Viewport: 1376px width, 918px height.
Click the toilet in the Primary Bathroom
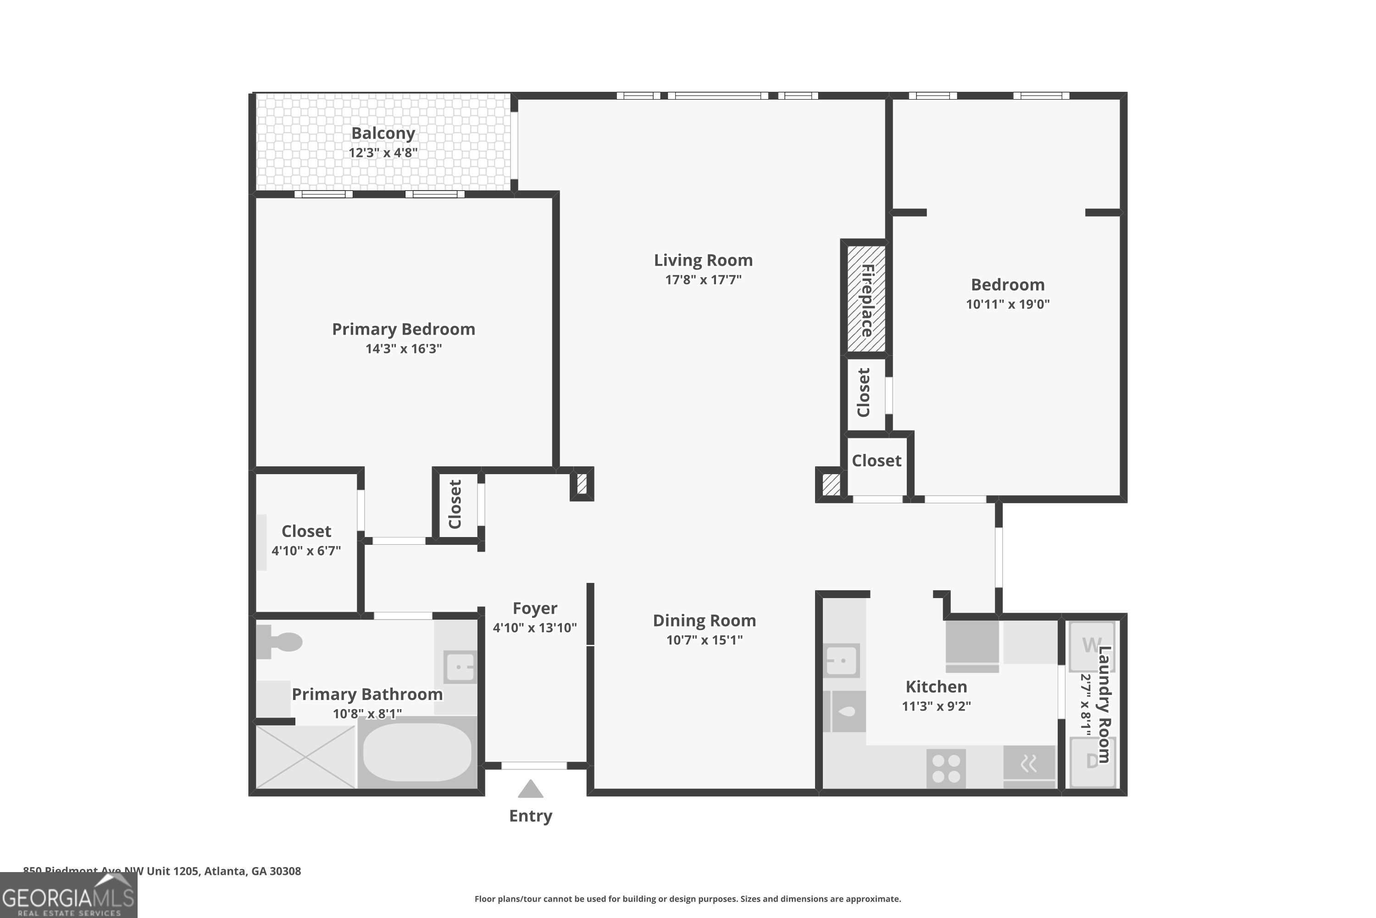pyautogui.click(x=281, y=642)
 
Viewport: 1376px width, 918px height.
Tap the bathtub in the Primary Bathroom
pyautogui.click(x=417, y=752)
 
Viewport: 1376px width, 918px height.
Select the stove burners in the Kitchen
pyautogui.click(x=946, y=768)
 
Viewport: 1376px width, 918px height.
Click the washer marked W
pyautogui.click(x=1092, y=646)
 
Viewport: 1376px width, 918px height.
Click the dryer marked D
pyautogui.click(x=1092, y=761)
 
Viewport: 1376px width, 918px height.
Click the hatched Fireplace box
pyautogui.click(x=866, y=299)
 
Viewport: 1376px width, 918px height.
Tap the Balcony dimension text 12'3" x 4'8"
pyautogui.click(x=383, y=153)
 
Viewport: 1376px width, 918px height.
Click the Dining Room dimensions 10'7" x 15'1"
pyautogui.click(x=705, y=640)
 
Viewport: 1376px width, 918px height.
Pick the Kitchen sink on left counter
pyautogui.click(x=841, y=661)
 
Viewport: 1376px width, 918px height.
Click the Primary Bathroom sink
pyautogui.click(x=461, y=666)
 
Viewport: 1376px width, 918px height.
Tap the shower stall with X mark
pyautogui.click(x=305, y=757)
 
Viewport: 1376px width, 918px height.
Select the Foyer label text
pyautogui.click(x=535, y=608)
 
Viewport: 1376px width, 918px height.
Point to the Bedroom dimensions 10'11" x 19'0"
pyautogui.click(x=1007, y=304)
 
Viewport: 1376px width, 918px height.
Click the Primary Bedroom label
pyautogui.click(x=404, y=329)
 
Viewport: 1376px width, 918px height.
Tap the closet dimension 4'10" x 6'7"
pyautogui.click(x=306, y=551)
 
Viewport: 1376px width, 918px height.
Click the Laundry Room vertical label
pyautogui.click(x=1104, y=704)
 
